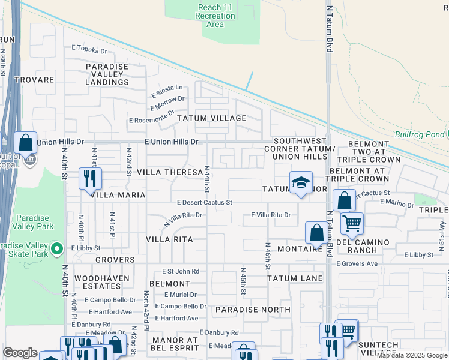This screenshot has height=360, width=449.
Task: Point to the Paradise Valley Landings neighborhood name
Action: point(107,74)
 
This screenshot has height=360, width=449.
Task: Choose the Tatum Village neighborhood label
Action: point(211,118)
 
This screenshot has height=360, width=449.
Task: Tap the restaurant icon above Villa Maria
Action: point(90,178)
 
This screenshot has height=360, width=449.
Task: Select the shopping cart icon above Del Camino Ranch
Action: point(352,224)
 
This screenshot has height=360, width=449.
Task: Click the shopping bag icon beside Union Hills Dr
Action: point(25,143)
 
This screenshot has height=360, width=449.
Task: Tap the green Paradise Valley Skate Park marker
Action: point(57,247)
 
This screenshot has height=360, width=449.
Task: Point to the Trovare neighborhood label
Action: point(35,79)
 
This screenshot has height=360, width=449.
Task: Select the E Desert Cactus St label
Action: point(204,203)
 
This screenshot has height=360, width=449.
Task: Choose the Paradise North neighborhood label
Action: point(253,310)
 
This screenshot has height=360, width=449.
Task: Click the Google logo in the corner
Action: point(20,353)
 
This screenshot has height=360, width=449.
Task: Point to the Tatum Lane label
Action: point(295,278)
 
